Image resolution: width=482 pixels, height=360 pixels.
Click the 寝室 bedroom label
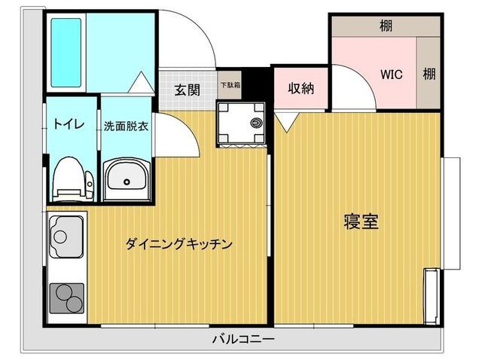(x=358, y=221)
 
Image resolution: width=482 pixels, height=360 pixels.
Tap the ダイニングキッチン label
(x=178, y=244)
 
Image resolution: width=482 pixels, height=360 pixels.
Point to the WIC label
(x=391, y=75)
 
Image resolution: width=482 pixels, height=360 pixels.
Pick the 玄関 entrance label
(x=188, y=90)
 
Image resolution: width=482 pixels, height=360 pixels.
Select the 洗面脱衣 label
(x=126, y=126)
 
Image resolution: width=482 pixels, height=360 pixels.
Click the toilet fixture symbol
(x=67, y=179)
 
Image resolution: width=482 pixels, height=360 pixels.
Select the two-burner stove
(x=66, y=298)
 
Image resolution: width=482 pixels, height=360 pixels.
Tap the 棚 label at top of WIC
(x=385, y=26)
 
